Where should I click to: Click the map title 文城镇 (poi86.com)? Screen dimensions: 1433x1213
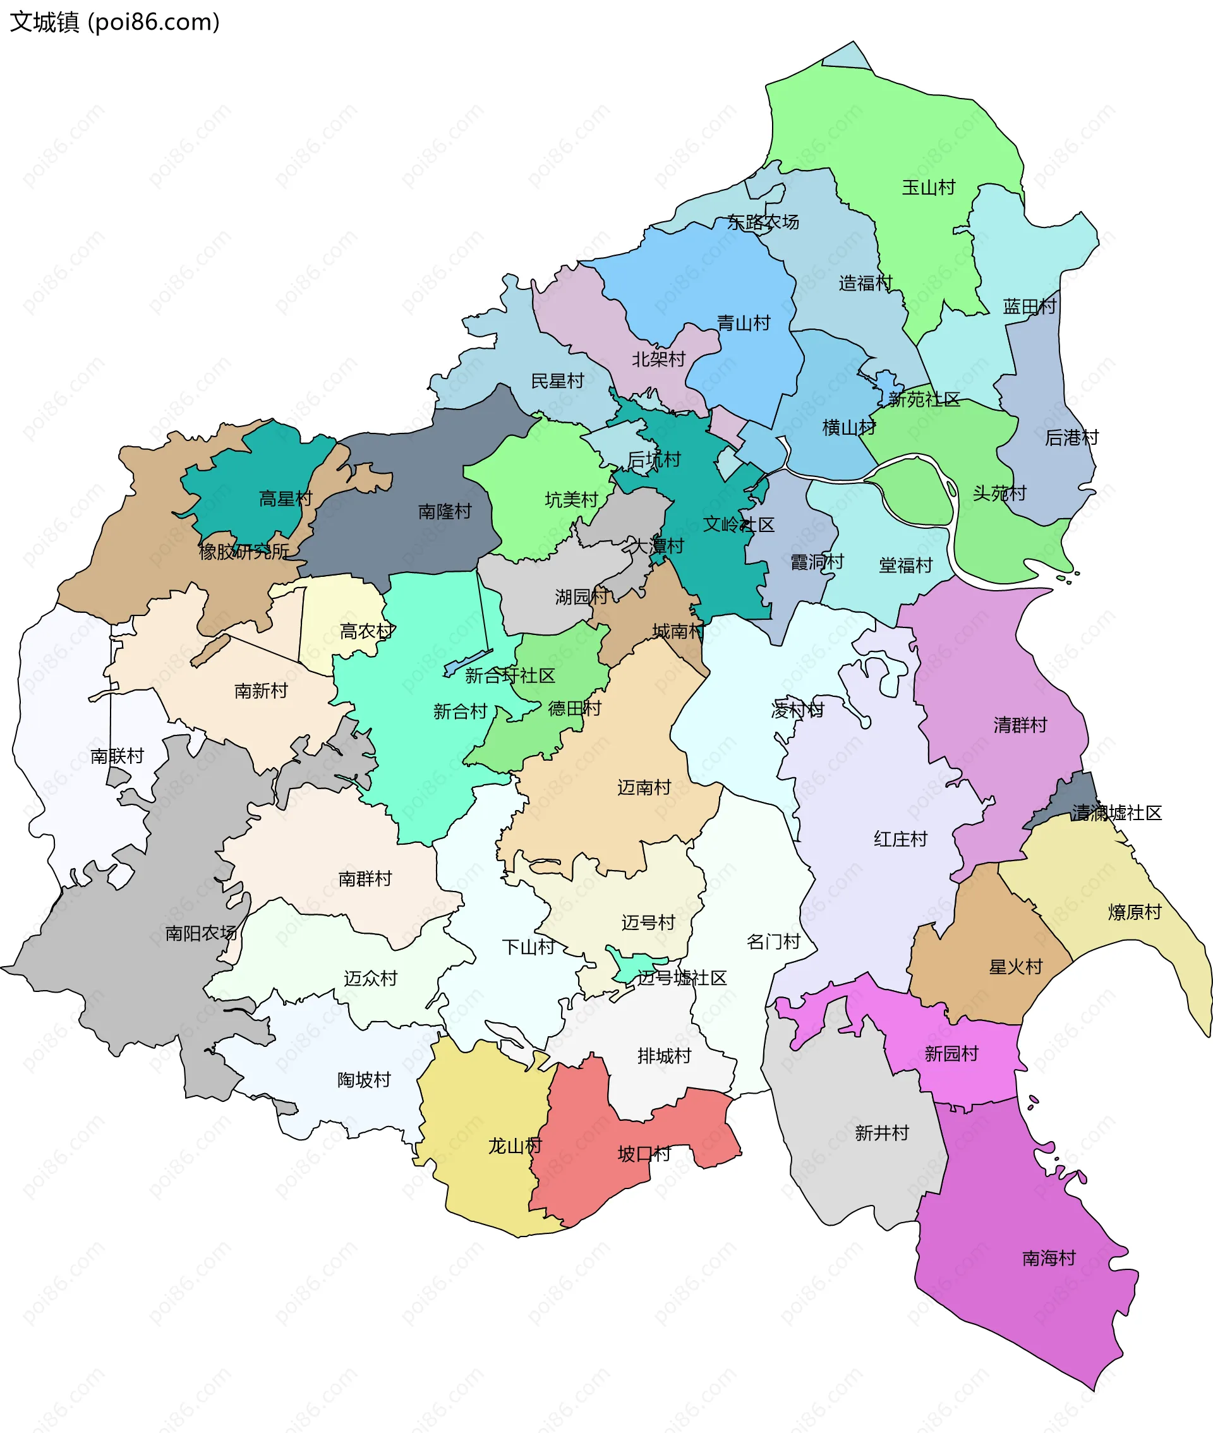coord(114,22)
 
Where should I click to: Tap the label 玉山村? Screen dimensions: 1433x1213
coord(928,187)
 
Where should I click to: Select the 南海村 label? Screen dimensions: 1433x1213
coord(1049,1259)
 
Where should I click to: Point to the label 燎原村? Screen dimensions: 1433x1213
coord(1135,912)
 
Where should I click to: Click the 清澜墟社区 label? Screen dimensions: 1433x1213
coord(1117,813)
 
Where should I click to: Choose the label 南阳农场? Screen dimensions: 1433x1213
coord(201,933)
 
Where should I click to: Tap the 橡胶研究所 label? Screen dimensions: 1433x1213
coord(244,552)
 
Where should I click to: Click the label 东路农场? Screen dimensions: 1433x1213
coord(763,222)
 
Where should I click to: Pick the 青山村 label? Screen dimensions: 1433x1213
coord(744,323)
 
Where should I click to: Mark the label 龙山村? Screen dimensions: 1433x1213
coord(515,1146)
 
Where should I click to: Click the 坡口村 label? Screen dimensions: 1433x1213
coord(644,1154)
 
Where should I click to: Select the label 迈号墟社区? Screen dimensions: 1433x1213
coord(682,978)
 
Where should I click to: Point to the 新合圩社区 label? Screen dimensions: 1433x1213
coord(510,676)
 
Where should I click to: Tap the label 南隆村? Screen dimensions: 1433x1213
coord(445,512)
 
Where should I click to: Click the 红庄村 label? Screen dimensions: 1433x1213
coord(900,839)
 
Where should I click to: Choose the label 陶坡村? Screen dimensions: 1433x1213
coord(364,1080)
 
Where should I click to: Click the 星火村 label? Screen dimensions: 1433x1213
coord(1016,967)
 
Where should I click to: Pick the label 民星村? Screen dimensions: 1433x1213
coord(557,381)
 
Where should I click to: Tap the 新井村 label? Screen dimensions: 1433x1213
coord(881,1132)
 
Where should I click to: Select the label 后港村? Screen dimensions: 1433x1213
coord(1071,437)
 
